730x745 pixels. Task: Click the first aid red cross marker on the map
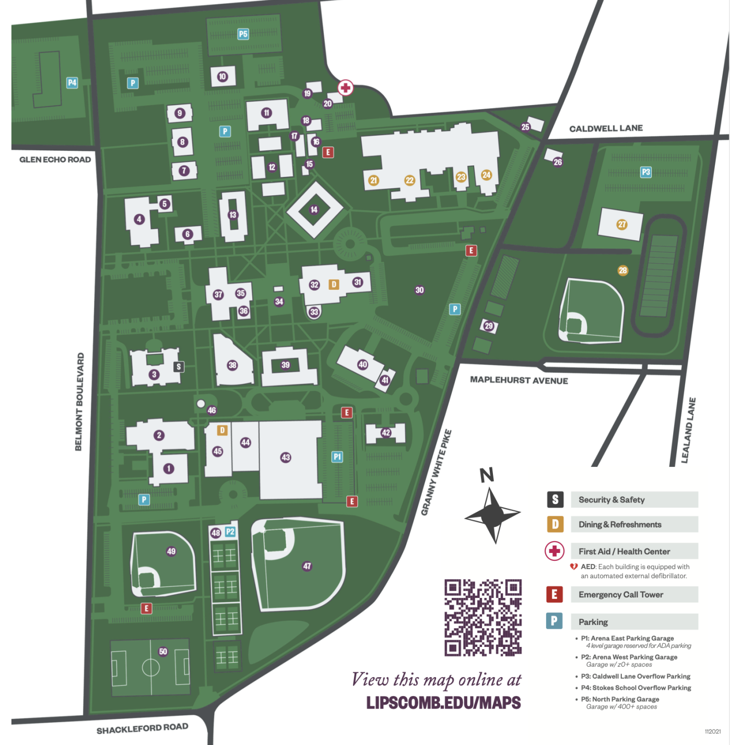(345, 87)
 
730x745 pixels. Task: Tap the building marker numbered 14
(314, 210)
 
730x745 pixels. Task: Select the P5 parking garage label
(243, 34)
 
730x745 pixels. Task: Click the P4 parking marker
(72, 82)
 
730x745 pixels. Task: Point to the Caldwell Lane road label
(606, 128)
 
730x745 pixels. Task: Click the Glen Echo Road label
(55, 160)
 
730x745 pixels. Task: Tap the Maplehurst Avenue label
(519, 380)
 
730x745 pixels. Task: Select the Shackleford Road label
(142, 728)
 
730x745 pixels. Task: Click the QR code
(483, 617)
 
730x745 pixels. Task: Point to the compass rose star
(492, 515)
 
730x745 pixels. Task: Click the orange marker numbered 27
(621, 224)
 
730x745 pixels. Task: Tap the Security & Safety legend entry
(611, 500)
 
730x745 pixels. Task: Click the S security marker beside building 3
(179, 367)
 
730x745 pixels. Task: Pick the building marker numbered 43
(286, 458)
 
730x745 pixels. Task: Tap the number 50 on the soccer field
(163, 651)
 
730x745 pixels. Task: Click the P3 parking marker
(646, 172)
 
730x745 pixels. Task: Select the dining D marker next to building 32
(334, 284)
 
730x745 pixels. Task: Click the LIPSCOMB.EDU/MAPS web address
(443, 703)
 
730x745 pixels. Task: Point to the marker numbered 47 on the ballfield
(307, 566)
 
